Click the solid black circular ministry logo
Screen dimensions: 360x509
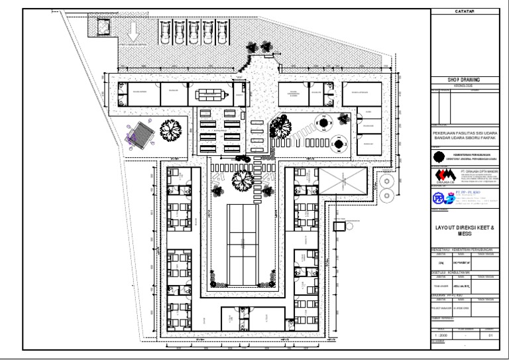pyautogui.click(x=438, y=156)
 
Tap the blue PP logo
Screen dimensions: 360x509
pyautogui.click(x=438, y=197)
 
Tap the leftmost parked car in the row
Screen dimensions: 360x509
pyautogui.click(x=164, y=31)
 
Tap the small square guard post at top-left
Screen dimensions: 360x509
pyautogui.click(x=103, y=27)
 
